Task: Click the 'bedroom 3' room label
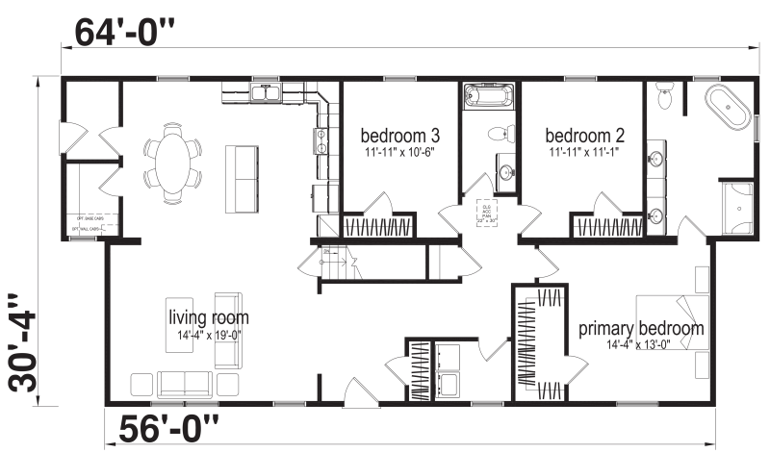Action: click(400, 135)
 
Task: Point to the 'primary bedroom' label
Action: click(640, 328)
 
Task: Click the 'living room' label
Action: click(208, 317)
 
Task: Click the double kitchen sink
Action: click(265, 93)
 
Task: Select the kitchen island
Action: click(242, 178)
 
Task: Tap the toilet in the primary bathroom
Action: click(663, 96)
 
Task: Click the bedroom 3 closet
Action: click(379, 228)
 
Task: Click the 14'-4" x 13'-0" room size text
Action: click(640, 344)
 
